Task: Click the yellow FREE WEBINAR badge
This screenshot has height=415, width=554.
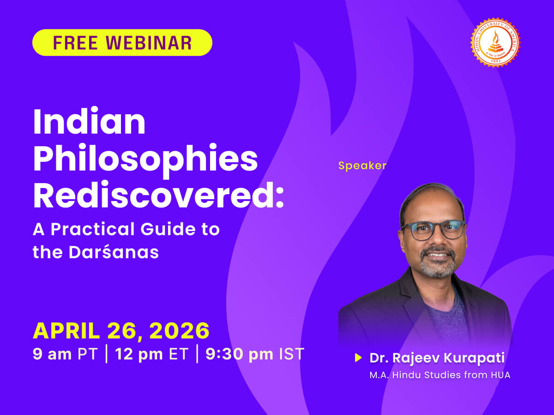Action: pyautogui.click(x=122, y=42)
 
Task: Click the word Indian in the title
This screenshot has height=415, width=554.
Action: pyautogui.click(x=89, y=122)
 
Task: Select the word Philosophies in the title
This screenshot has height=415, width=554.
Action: pyautogui.click(x=145, y=159)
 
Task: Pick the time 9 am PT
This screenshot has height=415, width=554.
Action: pyautogui.click(x=65, y=354)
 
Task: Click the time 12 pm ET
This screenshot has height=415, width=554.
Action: pyautogui.click(x=152, y=354)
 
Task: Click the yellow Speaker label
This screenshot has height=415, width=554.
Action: pyautogui.click(x=362, y=166)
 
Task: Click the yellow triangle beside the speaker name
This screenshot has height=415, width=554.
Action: pyautogui.click(x=358, y=358)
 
